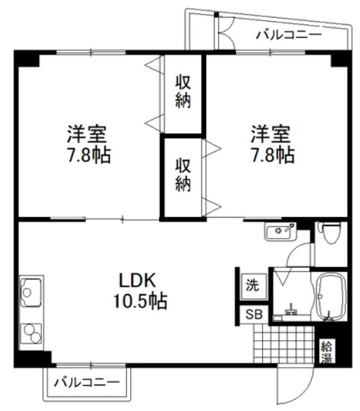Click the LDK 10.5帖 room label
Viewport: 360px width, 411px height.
click(x=140, y=290)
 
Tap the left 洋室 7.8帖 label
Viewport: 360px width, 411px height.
click(x=88, y=145)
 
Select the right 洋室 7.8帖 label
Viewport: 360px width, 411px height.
click(x=272, y=145)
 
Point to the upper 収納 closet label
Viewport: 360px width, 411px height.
click(x=183, y=91)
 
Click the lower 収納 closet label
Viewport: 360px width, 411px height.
click(x=183, y=174)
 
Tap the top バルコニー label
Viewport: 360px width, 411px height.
click(x=288, y=35)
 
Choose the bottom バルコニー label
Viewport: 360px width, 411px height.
click(x=86, y=383)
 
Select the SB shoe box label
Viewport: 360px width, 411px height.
click(x=254, y=315)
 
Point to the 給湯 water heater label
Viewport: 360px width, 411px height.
click(x=327, y=352)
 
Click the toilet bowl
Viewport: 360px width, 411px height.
click(x=330, y=233)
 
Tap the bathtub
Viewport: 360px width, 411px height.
click(x=330, y=297)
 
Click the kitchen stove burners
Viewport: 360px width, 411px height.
click(x=31, y=333)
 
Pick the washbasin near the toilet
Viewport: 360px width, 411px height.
click(x=280, y=231)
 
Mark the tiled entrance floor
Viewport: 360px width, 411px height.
click(x=284, y=344)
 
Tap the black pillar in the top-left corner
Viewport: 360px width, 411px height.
click(x=27, y=58)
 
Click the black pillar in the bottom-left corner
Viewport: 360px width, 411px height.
click(x=32, y=358)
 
